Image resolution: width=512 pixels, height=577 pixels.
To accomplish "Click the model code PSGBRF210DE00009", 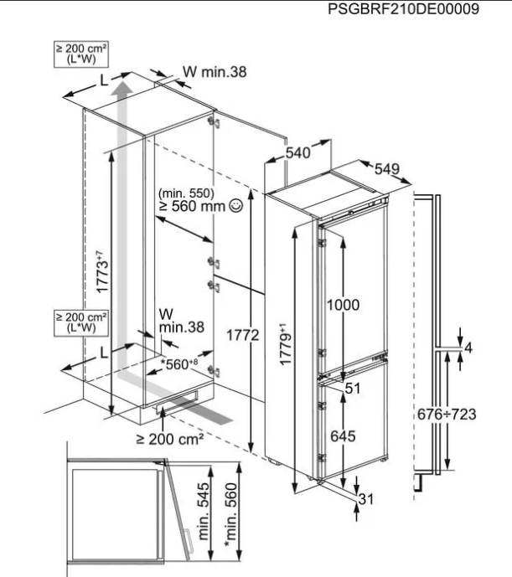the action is (403, 9).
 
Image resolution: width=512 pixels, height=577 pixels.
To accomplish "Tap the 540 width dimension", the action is (298, 152).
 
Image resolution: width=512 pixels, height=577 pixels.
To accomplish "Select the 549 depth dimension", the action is (387, 169).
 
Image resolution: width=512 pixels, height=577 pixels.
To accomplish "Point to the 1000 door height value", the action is (343, 305).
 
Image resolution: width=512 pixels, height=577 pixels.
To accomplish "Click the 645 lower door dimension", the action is (343, 436).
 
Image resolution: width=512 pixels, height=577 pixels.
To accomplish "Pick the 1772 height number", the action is (242, 335).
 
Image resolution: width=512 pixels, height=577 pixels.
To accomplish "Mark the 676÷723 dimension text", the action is (447, 415).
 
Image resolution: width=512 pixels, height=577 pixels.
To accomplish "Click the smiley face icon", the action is (235, 205).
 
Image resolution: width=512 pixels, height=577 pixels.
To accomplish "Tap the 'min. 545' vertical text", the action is (204, 511).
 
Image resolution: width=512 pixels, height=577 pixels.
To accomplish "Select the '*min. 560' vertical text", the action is (231, 514).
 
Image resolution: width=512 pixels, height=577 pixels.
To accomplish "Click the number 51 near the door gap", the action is (353, 389).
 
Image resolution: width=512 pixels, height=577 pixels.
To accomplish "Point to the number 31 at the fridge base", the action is (365, 499).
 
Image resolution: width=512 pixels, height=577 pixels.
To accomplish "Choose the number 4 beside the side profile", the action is (468, 348).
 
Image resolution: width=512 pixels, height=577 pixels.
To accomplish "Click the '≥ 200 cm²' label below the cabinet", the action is (170, 439).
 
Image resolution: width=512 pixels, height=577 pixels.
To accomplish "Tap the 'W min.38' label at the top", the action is (215, 72).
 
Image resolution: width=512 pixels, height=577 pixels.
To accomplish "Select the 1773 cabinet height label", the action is (102, 271).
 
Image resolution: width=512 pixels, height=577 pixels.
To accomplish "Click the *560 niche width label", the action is (179, 364).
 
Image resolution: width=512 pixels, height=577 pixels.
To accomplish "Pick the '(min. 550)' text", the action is (186, 193).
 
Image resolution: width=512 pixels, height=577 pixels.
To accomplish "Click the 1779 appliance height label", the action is (285, 344).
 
